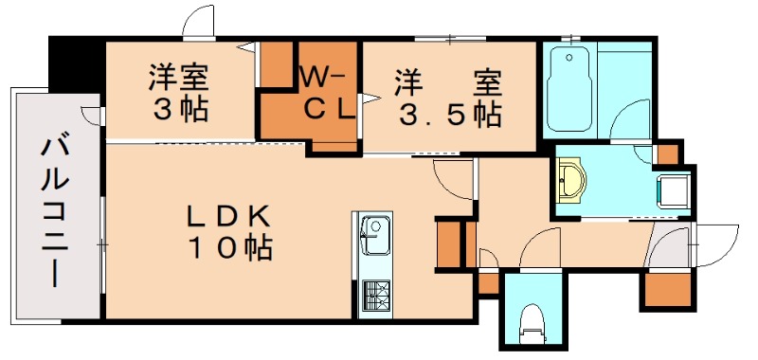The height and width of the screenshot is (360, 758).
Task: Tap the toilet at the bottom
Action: pyautogui.click(x=532, y=325)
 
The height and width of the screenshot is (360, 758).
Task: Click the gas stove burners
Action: pyautogui.click(x=375, y=296)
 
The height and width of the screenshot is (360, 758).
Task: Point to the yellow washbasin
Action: pyautogui.click(x=571, y=180)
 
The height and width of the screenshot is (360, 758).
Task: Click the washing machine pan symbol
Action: pyautogui.click(x=674, y=191)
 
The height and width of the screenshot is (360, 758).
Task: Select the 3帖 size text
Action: pyautogui.click(x=181, y=111)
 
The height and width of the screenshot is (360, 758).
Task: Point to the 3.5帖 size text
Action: pyautogui.click(x=449, y=114)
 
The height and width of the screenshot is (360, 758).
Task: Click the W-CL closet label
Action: pyautogui.click(x=328, y=93)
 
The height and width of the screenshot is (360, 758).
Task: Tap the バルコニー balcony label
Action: pyautogui.click(x=54, y=212)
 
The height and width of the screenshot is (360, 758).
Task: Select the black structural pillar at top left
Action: pyautogui.click(x=78, y=63)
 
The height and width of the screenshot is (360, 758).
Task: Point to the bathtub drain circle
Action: pyautogui.click(x=569, y=58)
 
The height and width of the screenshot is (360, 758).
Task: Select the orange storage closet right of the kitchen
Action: pyautogui.click(x=448, y=244)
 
